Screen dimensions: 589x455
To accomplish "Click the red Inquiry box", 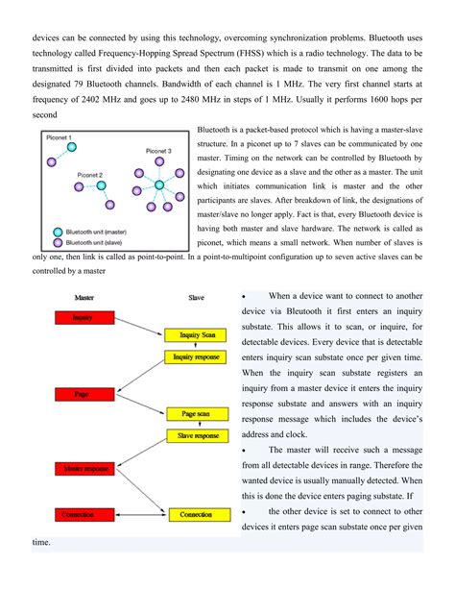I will (83, 316).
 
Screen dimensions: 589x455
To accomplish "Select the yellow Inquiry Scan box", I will (196, 334).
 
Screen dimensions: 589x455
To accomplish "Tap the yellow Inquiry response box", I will (196, 356).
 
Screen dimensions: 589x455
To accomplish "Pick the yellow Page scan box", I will (196, 413).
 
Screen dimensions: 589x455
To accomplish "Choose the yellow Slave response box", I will (196, 435).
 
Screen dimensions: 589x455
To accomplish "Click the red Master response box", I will (83, 469).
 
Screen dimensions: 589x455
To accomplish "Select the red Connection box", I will (83, 514).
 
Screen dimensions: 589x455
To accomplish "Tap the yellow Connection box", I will (196, 514).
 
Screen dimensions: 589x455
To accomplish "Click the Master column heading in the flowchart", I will (64, 298).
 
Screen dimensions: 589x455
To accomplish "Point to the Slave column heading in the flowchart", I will (195, 298).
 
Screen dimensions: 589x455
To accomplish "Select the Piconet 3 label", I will (158, 151).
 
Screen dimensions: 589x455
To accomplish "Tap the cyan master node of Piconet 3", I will (158, 184).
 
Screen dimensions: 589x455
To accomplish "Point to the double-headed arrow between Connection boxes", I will (139, 514).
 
